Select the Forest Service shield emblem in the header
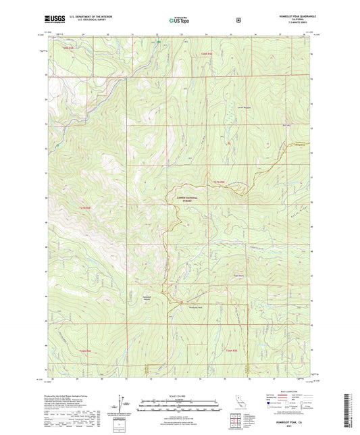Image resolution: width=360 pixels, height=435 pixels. (x=238, y=20)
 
